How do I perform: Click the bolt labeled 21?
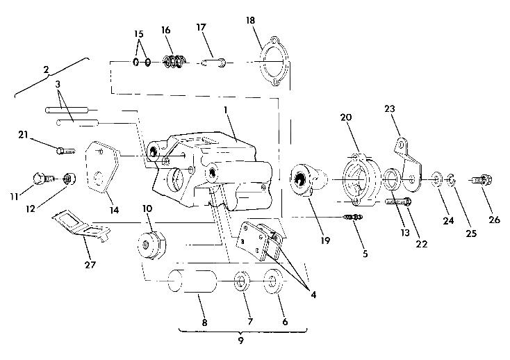pos(63,149)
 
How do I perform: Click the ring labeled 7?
pos(240,284)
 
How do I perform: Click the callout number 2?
pos(46,69)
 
